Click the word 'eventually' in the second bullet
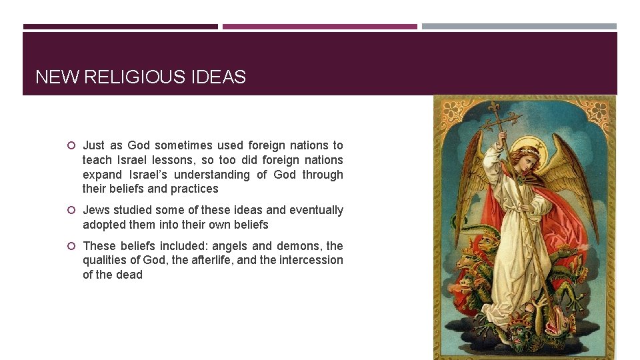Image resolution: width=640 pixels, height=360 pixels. click(315, 210)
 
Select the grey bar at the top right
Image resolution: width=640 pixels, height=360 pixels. click(519, 27)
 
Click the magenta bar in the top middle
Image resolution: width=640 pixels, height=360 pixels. click(320, 27)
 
